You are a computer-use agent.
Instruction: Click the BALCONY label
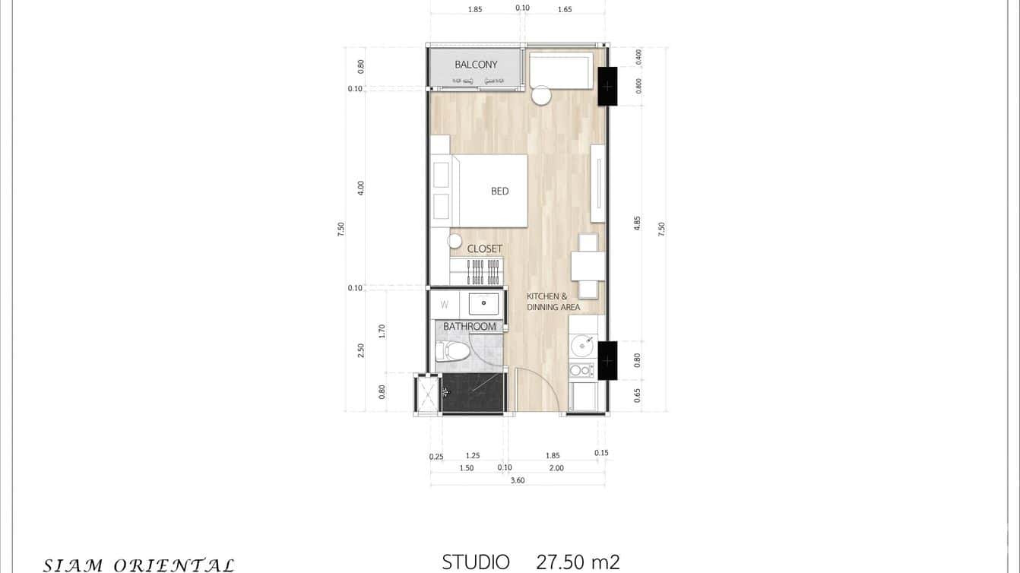476,65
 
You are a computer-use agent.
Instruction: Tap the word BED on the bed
499,192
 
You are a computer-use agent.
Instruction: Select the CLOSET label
485,249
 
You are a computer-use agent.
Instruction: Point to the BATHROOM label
470,327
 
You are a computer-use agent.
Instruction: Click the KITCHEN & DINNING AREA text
553,302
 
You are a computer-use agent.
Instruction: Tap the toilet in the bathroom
453,351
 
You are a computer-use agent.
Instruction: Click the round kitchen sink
582,347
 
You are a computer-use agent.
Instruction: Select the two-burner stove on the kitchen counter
581,370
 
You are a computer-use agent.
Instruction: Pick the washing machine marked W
445,305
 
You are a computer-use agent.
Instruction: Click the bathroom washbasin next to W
483,304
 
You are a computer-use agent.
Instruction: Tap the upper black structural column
607,86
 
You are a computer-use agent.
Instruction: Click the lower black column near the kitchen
607,360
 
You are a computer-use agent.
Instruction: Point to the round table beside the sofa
542,96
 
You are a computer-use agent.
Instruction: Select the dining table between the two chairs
588,266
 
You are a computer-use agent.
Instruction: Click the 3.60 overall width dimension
518,480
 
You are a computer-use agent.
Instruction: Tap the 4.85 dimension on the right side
638,223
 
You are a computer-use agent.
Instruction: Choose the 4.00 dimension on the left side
361,188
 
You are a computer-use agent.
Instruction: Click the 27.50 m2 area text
578,562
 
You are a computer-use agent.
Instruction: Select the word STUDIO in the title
476,562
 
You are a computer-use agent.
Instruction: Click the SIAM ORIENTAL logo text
138,565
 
